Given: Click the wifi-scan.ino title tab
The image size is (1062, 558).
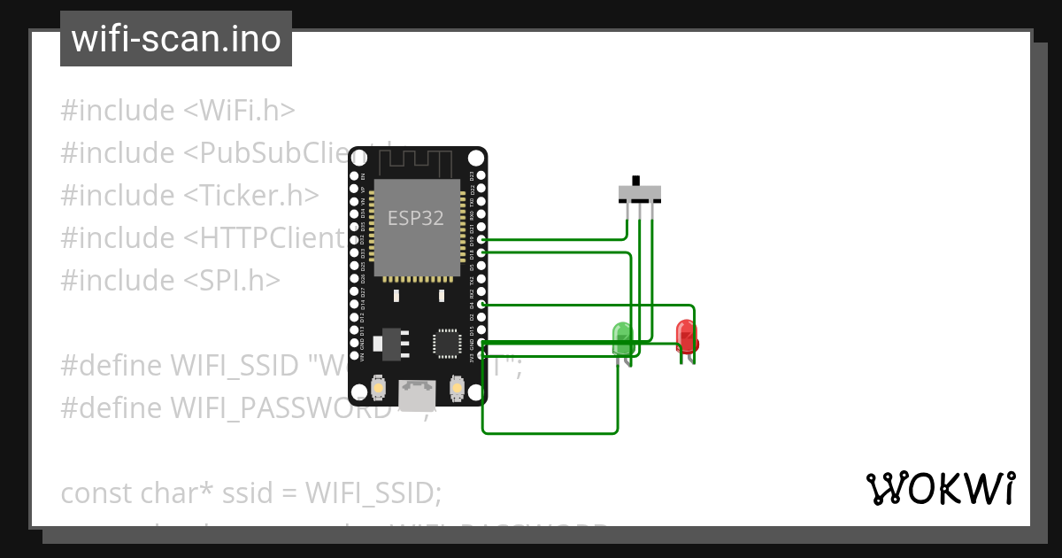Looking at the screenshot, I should pyautogui.click(x=175, y=39).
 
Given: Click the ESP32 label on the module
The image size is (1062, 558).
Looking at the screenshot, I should pyautogui.click(x=416, y=217).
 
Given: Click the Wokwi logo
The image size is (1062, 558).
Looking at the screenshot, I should pyautogui.click(x=940, y=488).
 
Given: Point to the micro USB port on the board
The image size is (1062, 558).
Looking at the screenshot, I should pyautogui.click(x=417, y=391).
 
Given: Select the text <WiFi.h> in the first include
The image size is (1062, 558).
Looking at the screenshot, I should pyautogui.click(x=239, y=111).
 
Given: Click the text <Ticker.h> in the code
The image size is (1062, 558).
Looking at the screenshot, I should pyautogui.click(x=251, y=196).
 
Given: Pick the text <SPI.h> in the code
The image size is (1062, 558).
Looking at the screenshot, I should pyautogui.click(x=232, y=281).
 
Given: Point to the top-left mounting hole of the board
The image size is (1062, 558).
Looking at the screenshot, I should pyautogui.click(x=358, y=158).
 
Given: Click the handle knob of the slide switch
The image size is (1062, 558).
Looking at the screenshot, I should pyautogui.click(x=636, y=181).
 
